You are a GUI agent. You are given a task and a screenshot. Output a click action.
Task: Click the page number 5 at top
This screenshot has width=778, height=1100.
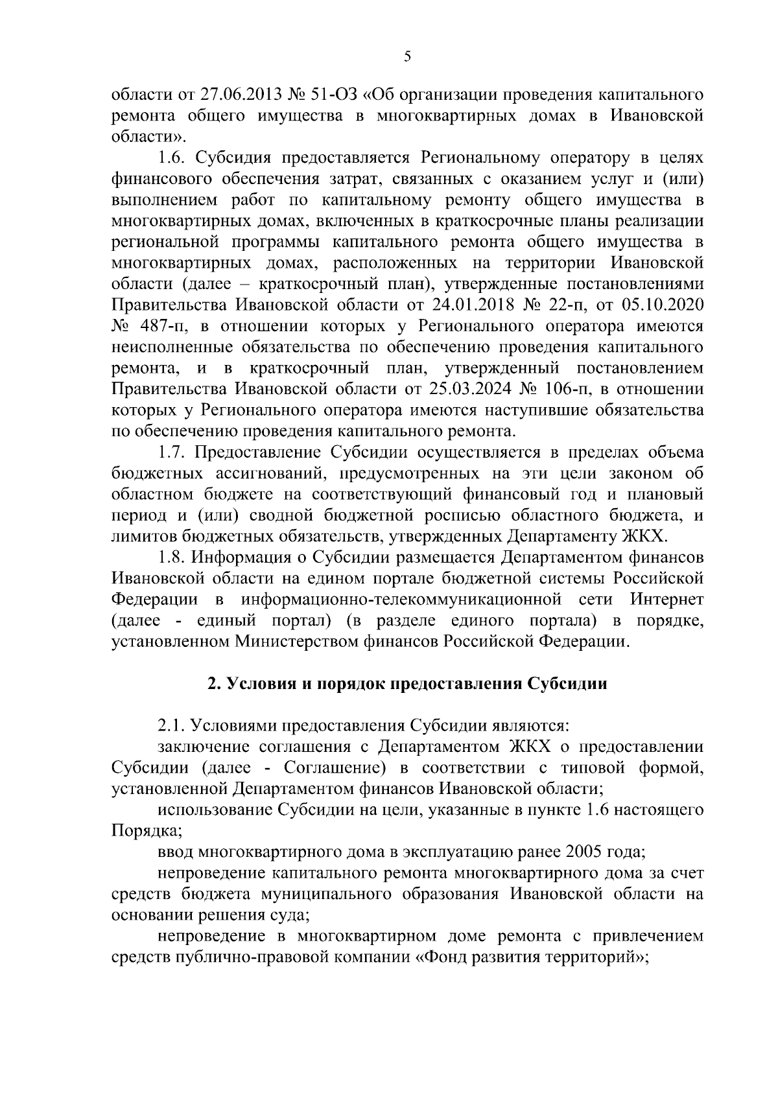pos(407,57)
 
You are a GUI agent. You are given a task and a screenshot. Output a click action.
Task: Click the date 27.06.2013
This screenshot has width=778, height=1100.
pos(237,95)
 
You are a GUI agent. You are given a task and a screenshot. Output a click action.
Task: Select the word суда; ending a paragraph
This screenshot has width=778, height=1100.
pos(287,914)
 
